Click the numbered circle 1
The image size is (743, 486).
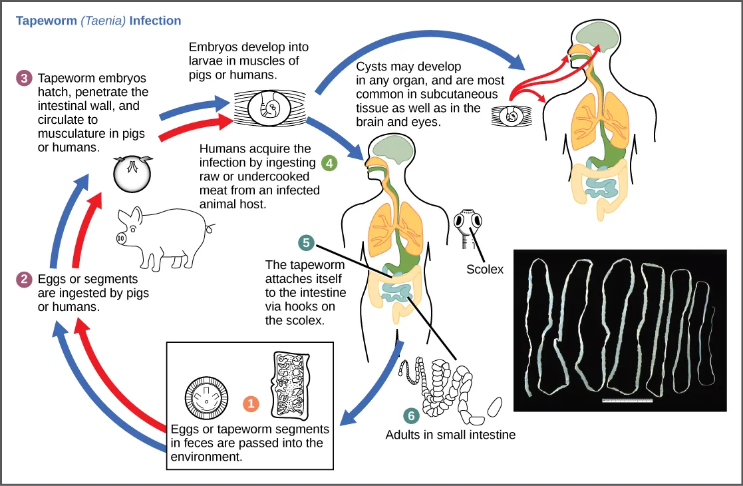click(x=251, y=403)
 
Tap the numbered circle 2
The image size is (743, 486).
click(x=24, y=280)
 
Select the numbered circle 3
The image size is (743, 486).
click(x=24, y=79)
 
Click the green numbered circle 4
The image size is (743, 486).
click(x=329, y=162)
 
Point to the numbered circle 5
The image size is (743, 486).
click(x=306, y=243)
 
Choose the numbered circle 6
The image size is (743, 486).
click(x=411, y=415)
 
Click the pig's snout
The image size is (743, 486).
click(x=122, y=238)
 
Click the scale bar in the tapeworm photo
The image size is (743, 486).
click(x=627, y=401)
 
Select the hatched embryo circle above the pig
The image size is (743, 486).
click(x=131, y=174)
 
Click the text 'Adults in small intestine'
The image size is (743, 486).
click(x=450, y=435)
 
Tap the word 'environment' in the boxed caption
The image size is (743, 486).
click(x=206, y=457)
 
